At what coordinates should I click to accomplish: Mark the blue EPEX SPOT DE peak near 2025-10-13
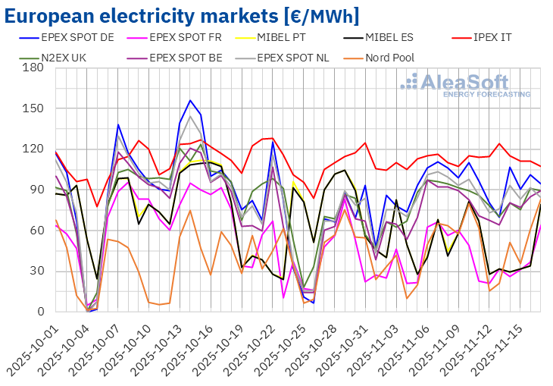[x=190, y=100]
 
